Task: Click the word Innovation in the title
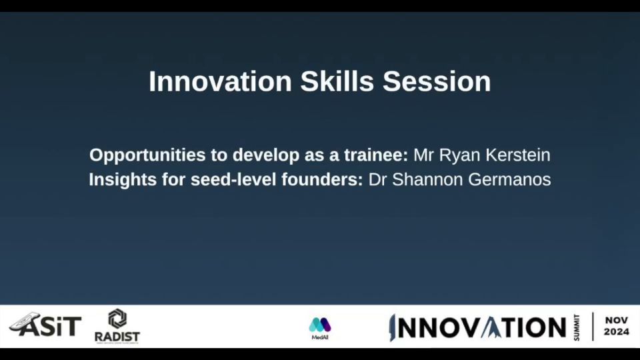click(221, 81)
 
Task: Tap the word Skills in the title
click(337, 81)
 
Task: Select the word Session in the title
click(437, 81)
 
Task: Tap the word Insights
click(123, 180)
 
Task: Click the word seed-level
click(233, 179)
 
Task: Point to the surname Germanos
click(509, 179)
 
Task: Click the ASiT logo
click(45, 325)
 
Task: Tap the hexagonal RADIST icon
click(117, 319)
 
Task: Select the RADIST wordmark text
click(117, 337)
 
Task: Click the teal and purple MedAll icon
click(320, 325)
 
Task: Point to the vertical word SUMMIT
click(576, 327)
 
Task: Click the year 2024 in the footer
click(616, 332)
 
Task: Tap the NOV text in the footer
click(616, 321)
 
